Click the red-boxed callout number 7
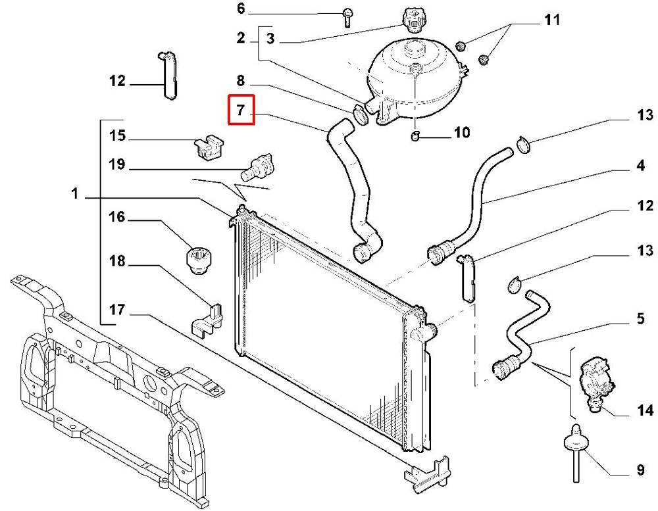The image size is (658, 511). pyautogui.click(x=241, y=110)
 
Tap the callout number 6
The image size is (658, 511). pyautogui.click(x=241, y=9)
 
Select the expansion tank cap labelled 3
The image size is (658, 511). pyautogui.click(x=412, y=19)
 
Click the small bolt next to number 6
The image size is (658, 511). pyautogui.click(x=347, y=17)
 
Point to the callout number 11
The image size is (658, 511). pyautogui.click(x=552, y=20)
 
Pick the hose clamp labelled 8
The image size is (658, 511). pyautogui.click(x=359, y=115)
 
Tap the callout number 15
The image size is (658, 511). pyautogui.click(x=117, y=135)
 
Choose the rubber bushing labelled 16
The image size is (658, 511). pyautogui.click(x=199, y=260)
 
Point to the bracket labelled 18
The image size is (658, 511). pyautogui.click(x=207, y=319)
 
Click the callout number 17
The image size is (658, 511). pyautogui.click(x=117, y=310)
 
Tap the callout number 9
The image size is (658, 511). pyautogui.click(x=640, y=470)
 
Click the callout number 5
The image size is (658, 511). pyautogui.click(x=640, y=318)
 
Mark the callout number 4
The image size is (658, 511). pyautogui.click(x=640, y=165)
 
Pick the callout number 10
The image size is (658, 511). pyautogui.click(x=462, y=133)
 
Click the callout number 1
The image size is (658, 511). pyautogui.click(x=75, y=194)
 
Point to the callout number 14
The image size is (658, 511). pyautogui.click(x=645, y=410)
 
